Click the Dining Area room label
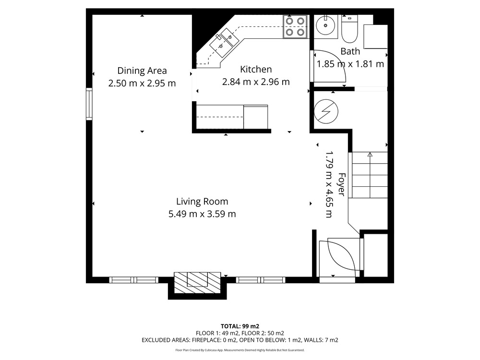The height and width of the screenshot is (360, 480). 142,71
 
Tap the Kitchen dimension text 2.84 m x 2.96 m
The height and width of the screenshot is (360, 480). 256,82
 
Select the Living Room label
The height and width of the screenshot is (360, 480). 202,202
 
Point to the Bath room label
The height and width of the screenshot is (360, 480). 350,51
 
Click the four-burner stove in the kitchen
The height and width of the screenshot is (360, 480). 295,26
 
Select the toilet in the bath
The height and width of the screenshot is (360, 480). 349,29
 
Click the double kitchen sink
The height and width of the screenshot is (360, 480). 224,42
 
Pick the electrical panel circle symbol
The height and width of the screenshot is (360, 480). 326,111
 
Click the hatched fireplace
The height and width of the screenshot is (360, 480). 197,283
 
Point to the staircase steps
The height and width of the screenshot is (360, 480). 370,175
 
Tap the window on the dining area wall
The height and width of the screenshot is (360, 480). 89,104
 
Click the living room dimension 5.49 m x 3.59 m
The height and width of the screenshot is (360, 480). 202,214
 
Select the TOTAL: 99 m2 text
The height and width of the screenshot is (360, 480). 240,326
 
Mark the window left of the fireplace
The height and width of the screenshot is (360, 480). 134,280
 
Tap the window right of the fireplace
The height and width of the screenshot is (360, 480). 261,280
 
